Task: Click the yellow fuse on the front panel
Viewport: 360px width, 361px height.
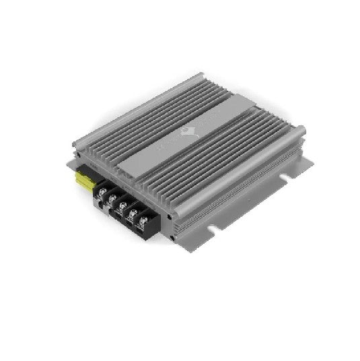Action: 86,180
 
